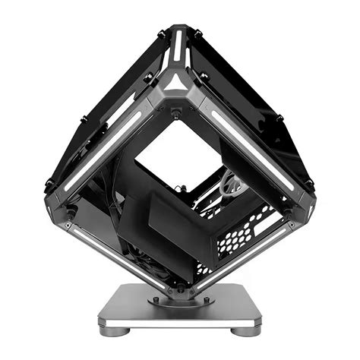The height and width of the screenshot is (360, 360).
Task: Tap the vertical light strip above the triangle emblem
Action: pyautogui.click(x=177, y=47)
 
